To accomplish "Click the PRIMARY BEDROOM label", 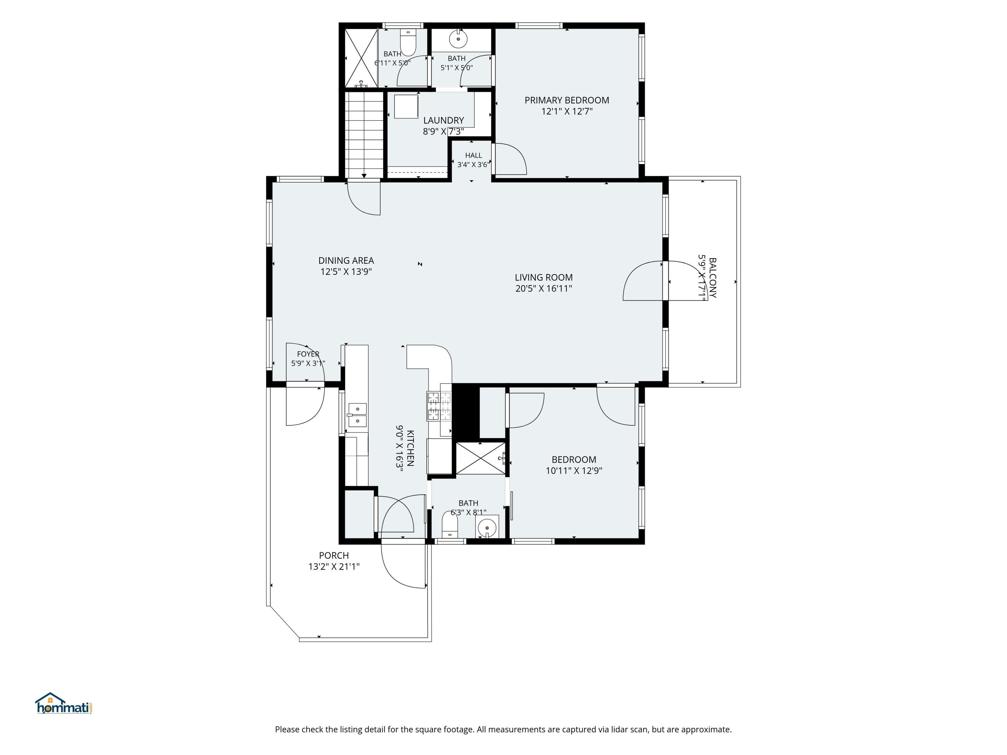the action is [567, 100].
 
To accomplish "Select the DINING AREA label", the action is [346, 261].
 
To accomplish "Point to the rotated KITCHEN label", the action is [410, 448].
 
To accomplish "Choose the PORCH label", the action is [334, 556].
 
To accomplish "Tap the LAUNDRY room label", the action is [443, 120].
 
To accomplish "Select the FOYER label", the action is [308, 354].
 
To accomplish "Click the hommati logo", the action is [64, 703].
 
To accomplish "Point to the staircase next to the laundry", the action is [364, 135].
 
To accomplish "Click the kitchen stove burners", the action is [439, 405].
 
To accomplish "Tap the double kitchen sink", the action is [357, 415].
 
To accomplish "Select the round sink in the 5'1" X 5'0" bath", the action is [458, 39].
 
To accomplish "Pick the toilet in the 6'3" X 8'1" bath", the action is [450, 525].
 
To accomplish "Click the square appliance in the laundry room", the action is [406, 106].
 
